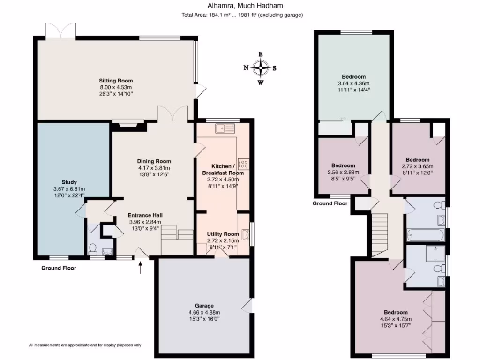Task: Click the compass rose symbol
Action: pos(261,68)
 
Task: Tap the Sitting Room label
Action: pos(116,81)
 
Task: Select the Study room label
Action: pos(69,182)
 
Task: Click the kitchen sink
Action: pos(225,128)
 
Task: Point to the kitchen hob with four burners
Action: pos(244,164)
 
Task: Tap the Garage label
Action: pos(204,306)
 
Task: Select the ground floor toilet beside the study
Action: pos(92,249)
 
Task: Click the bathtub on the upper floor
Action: pos(426,235)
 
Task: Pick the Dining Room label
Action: pos(154,161)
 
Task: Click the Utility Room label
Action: pos(223,234)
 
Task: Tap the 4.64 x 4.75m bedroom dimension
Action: pos(396,319)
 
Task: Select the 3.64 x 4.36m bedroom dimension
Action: pos(353,83)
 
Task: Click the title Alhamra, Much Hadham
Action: pos(245,6)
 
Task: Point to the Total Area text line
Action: pos(242,15)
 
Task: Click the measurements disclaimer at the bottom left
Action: pos(85,345)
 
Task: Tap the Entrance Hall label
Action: pos(145,215)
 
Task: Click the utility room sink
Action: pos(246,234)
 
